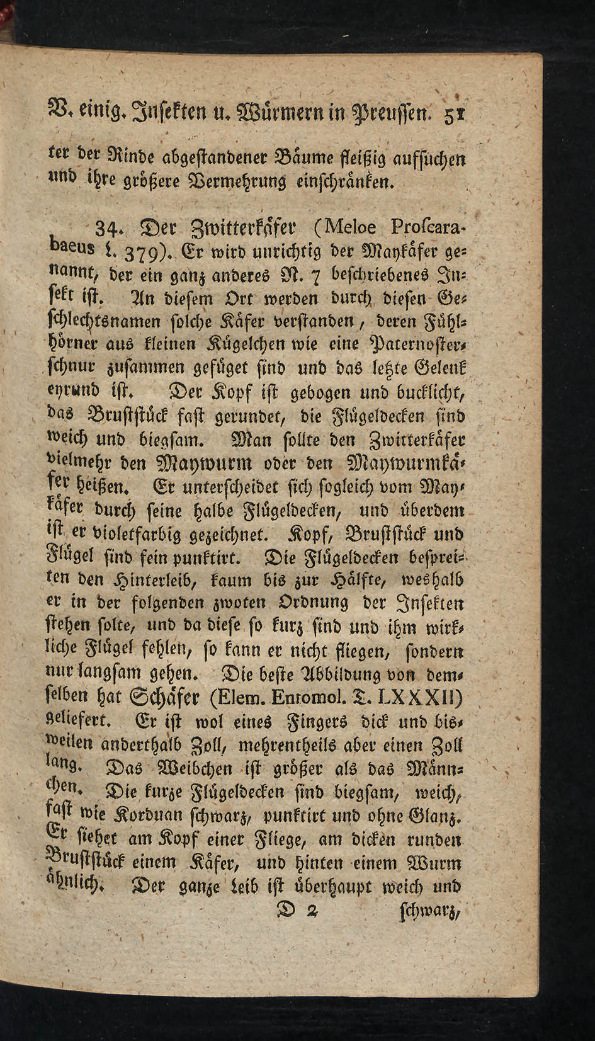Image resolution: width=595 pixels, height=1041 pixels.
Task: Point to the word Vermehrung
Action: tap(232, 182)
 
